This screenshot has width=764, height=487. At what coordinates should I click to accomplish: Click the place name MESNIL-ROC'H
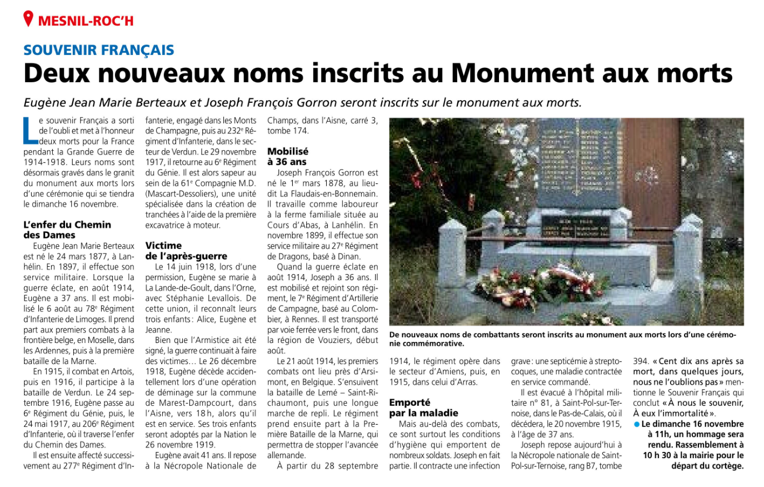point(86,21)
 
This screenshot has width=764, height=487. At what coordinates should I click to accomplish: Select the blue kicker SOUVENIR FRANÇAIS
point(99,50)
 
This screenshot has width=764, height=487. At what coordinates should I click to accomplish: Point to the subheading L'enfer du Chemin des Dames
point(67,230)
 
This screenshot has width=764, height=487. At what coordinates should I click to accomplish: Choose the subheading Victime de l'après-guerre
point(186,251)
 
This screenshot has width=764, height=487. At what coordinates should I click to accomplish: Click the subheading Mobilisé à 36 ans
point(288,156)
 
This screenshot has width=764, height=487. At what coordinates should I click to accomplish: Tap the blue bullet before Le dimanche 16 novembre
point(637,424)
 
